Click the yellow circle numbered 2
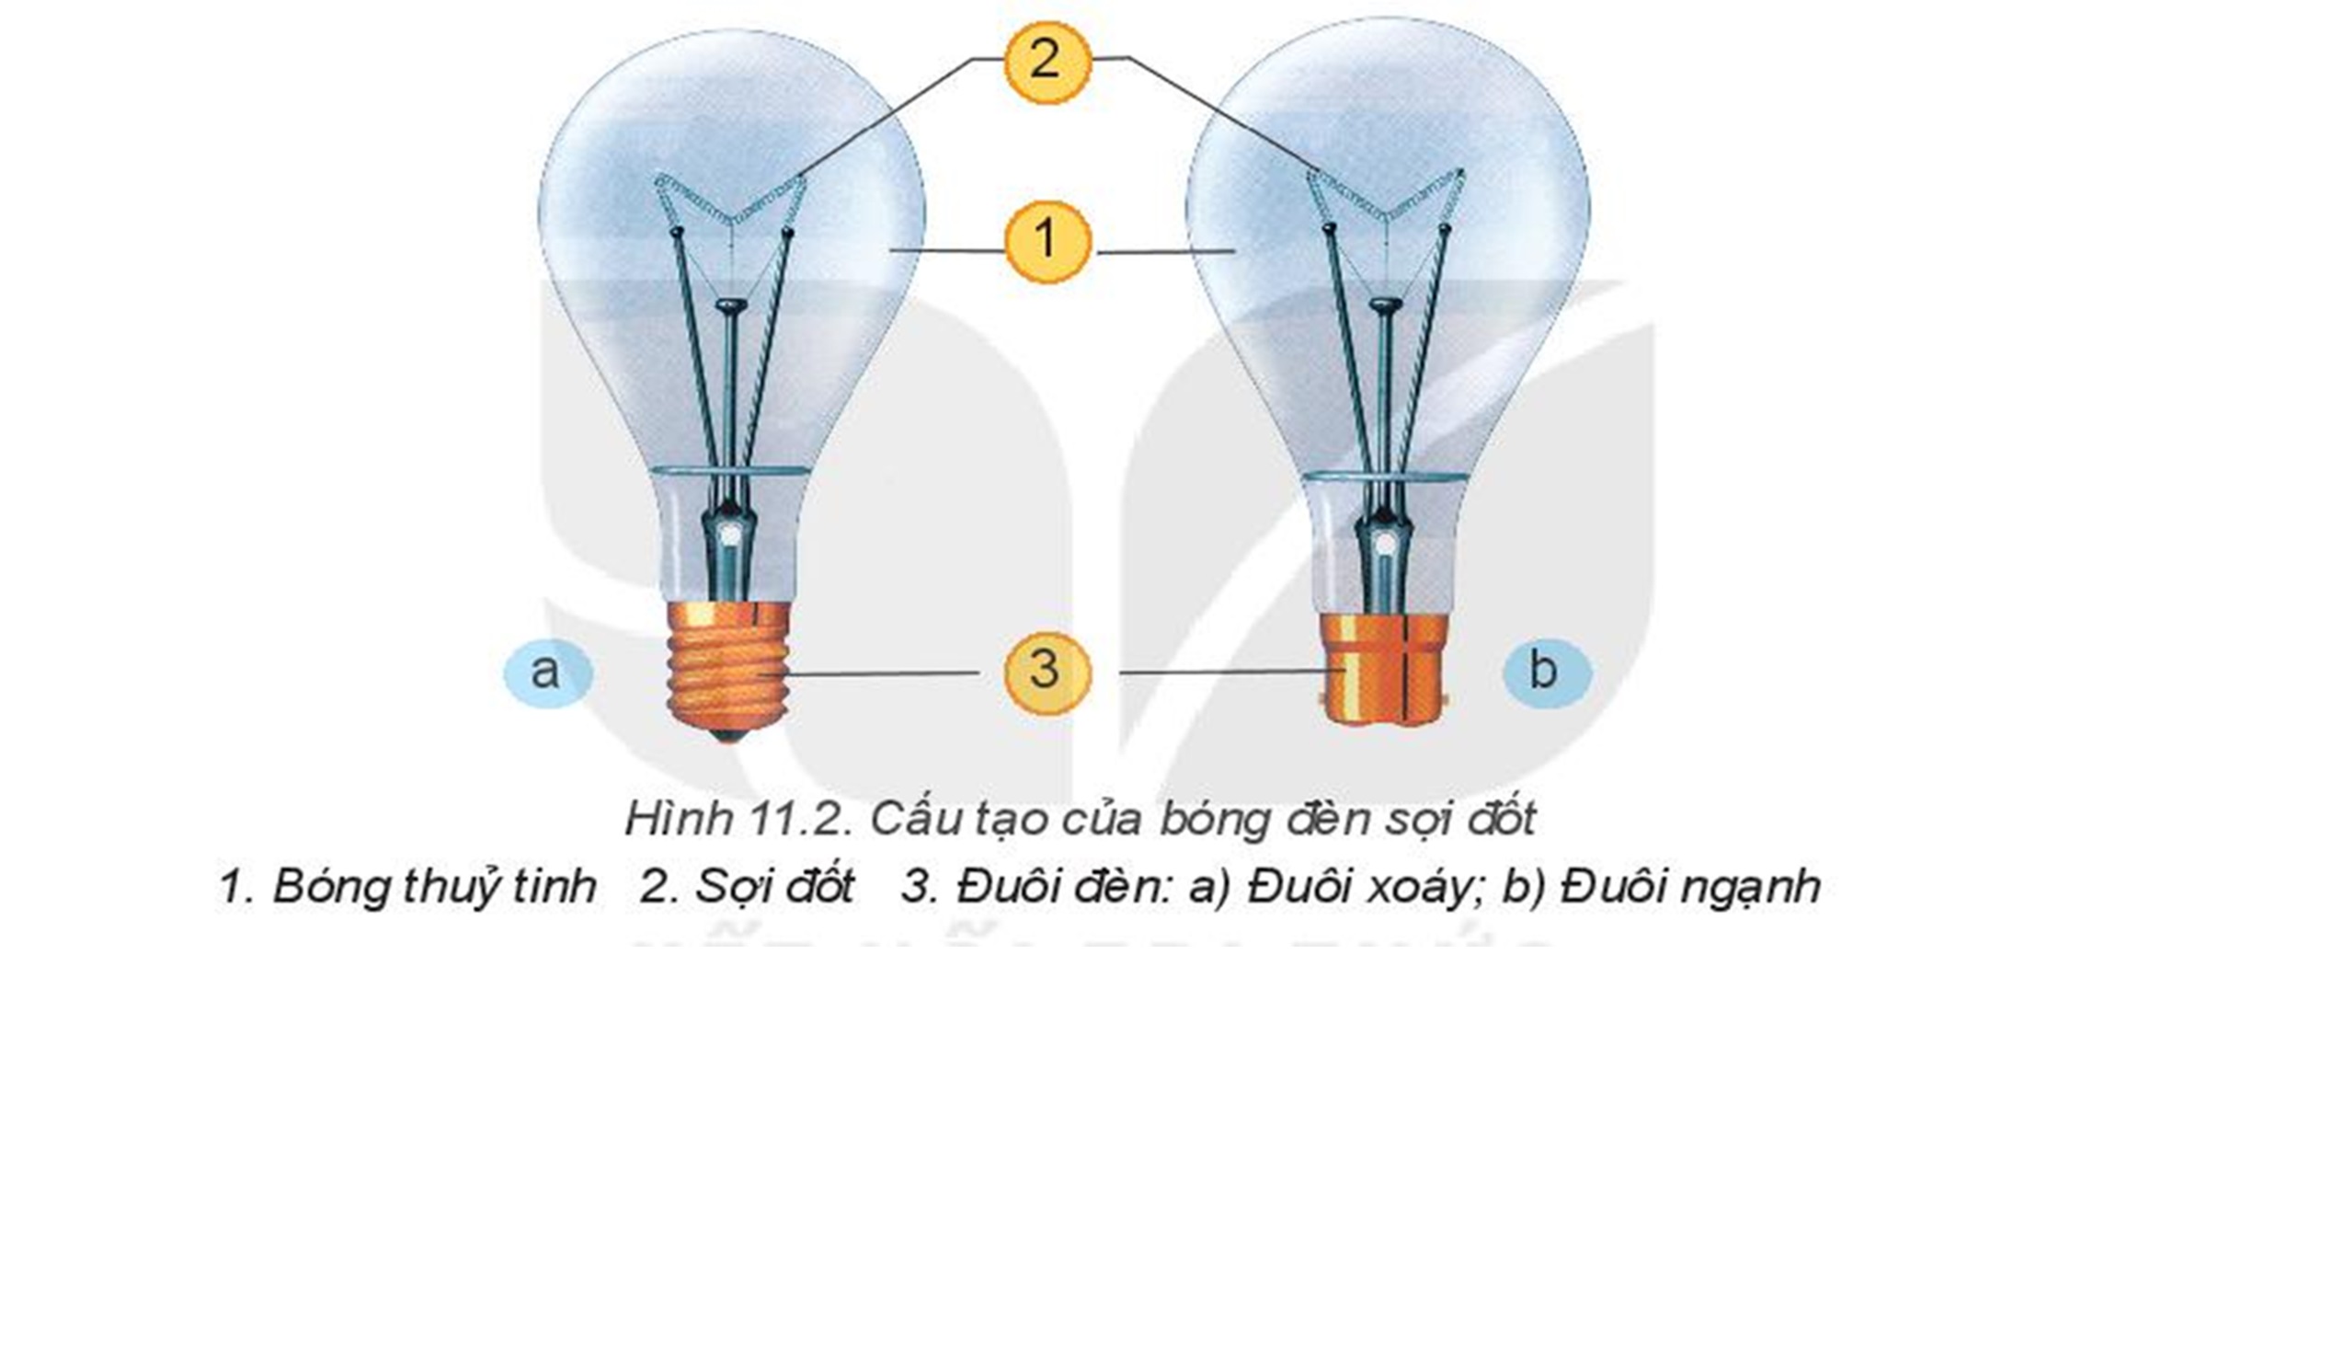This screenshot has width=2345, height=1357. [1046, 62]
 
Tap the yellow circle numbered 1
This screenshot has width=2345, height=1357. [1046, 240]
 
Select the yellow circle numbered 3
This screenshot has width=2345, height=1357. [1046, 672]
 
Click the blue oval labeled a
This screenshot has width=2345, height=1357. [547, 673]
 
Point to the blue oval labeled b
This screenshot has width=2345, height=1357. [1546, 672]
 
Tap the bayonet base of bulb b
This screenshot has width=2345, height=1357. [1386, 669]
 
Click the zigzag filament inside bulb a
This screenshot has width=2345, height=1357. [731, 201]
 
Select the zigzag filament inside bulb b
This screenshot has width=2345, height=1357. [1386, 194]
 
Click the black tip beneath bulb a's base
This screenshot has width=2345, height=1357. [728, 735]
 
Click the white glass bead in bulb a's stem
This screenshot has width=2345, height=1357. [732, 535]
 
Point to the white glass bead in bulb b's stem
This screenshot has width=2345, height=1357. [1387, 541]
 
